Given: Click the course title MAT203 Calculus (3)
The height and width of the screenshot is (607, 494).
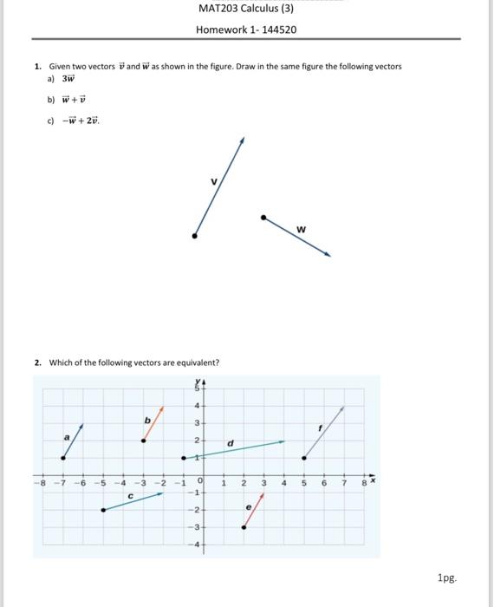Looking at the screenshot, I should coord(246,10).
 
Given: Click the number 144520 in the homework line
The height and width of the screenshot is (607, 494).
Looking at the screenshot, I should coord(276,29).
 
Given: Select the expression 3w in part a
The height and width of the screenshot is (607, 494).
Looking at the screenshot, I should coord(67,77).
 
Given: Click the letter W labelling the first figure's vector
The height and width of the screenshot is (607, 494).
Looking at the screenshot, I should coord(301,229).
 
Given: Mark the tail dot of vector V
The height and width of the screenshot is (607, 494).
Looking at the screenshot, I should coord(194,235).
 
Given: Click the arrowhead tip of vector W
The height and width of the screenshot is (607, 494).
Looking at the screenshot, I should coord(329,255).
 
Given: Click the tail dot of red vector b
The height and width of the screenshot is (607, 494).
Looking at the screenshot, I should coord(144,441).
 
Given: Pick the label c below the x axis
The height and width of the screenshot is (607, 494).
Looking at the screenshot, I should coord(130,496).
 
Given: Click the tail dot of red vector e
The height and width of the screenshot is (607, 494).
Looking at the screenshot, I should coord(244,526).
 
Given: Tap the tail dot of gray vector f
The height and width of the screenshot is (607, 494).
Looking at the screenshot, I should coord(303,457).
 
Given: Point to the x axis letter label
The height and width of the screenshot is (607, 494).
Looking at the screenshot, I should coord(374,476).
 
